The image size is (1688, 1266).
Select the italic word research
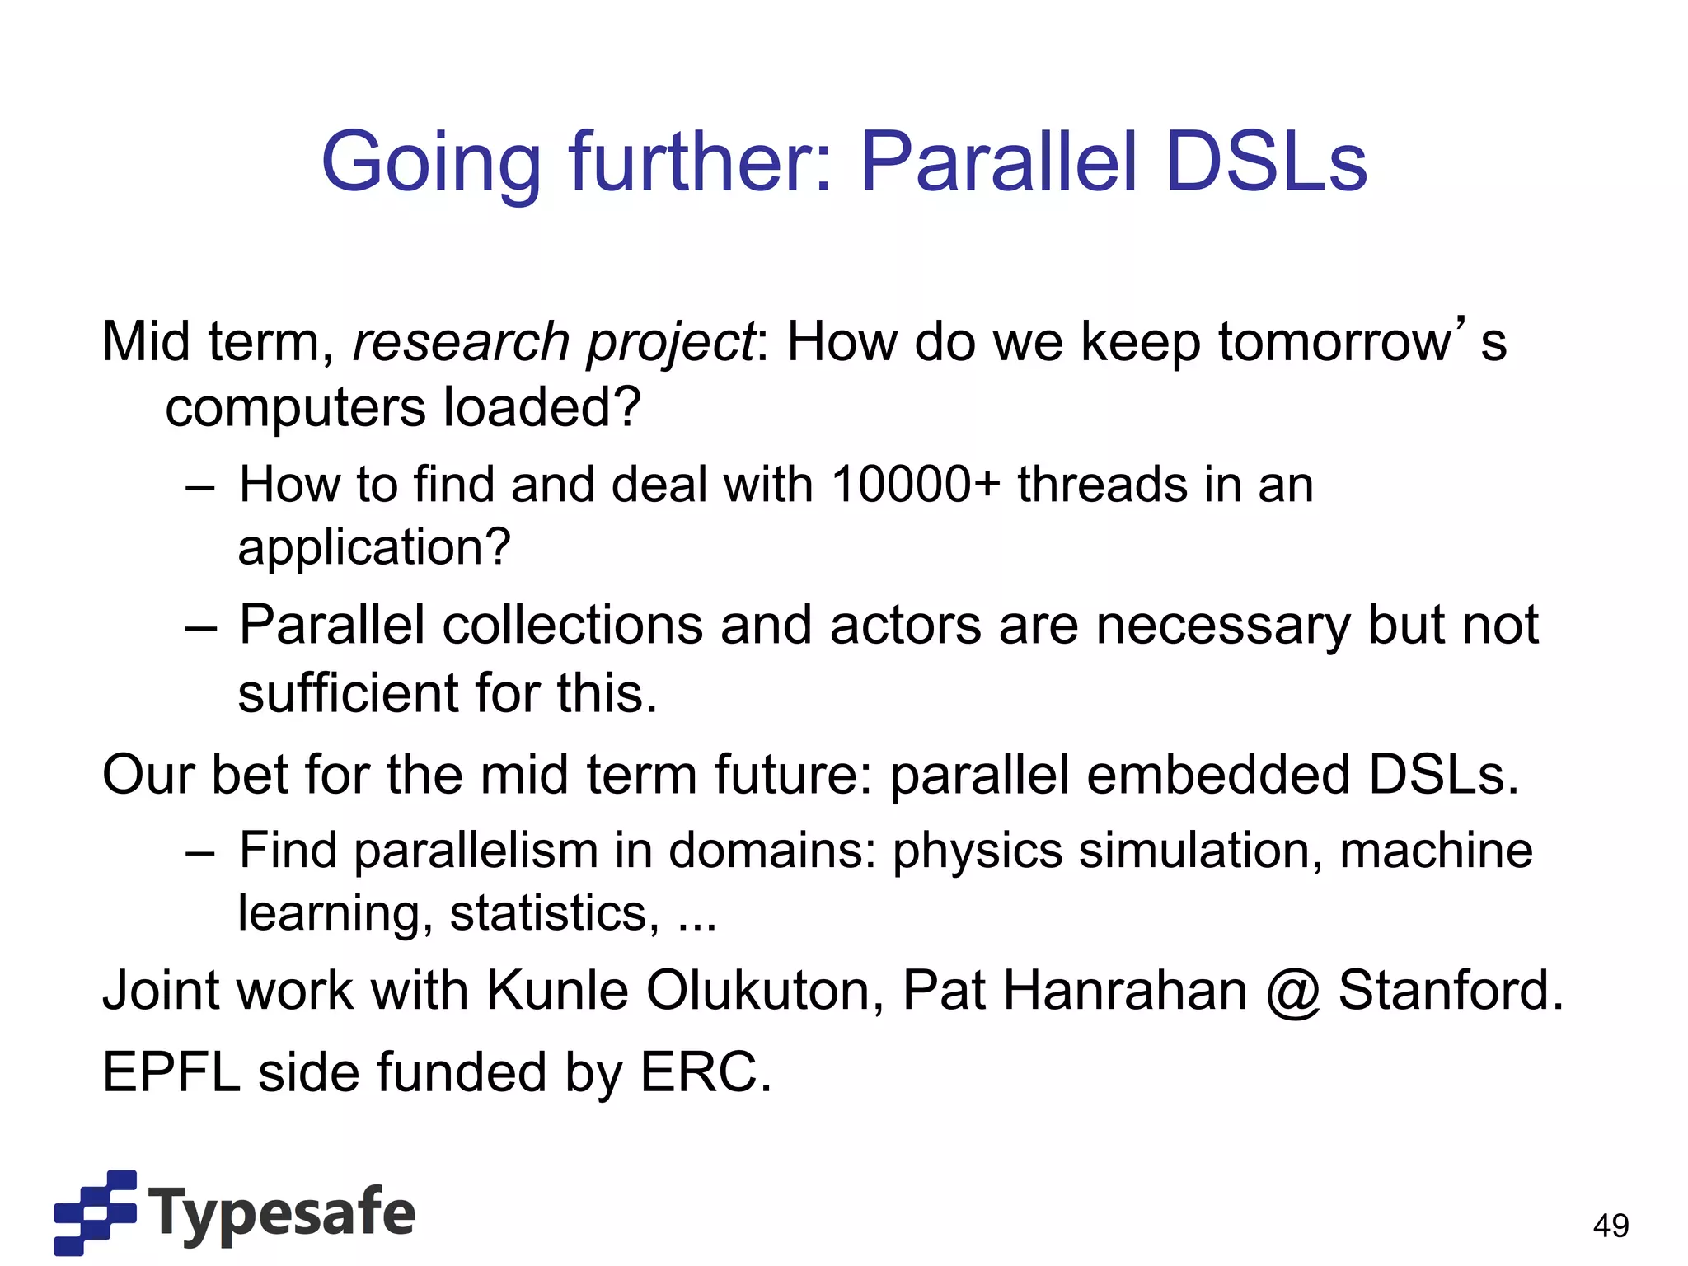[x=461, y=342]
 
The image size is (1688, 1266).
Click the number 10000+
[x=915, y=484]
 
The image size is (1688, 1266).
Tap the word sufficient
[x=347, y=693]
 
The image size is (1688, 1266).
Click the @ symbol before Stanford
[x=1293, y=992]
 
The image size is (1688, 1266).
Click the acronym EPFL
[x=171, y=1072]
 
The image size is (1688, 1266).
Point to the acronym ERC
[x=705, y=1072]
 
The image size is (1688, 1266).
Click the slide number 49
[x=1611, y=1226]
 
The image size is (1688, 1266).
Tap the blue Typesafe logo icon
[x=95, y=1212]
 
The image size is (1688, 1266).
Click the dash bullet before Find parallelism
[x=200, y=852]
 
